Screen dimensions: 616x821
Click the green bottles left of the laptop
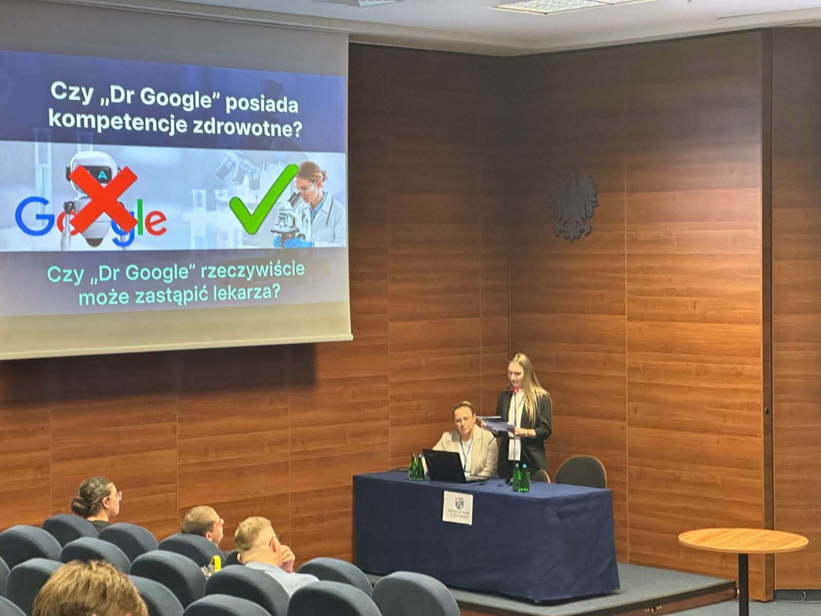coord(416,467)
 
